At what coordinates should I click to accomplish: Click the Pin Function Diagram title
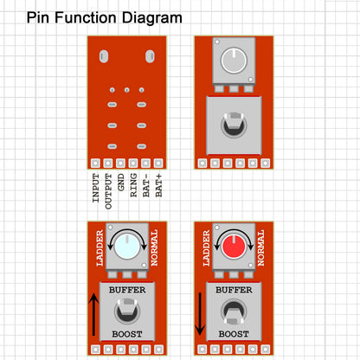point(105,18)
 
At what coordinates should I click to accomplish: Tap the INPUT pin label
point(96,188)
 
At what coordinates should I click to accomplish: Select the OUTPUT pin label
point(108,191)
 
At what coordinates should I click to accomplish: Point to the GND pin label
point(121,182)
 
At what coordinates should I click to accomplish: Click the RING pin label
point(133,185)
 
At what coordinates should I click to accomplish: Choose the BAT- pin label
point(146,185)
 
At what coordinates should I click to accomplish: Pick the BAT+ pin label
point(158,185)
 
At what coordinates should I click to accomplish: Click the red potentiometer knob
point(234,247)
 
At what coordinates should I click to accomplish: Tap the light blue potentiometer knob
point(127,247)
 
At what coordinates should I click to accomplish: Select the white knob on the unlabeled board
point(234,61)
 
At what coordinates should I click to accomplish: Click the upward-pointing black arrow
point(93,314)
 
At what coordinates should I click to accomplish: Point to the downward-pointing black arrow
point(200,314)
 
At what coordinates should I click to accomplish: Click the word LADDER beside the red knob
point(206,248)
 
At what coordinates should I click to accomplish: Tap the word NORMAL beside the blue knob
point(154,247)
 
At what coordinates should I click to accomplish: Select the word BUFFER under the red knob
point(234,290)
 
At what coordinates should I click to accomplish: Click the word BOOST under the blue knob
point(127,334)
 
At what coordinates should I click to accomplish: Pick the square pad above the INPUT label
point(95,164)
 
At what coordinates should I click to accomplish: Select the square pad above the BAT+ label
point(158,164)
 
